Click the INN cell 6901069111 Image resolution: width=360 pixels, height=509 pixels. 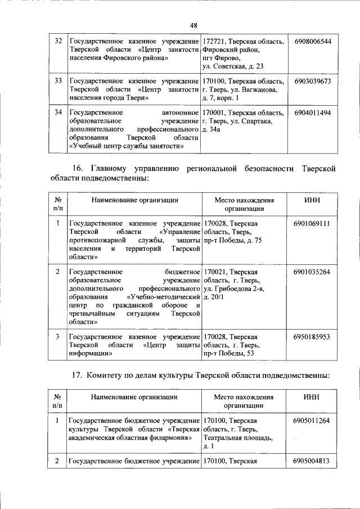click(312, 224)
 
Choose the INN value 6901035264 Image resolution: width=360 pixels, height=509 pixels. click(312, 272)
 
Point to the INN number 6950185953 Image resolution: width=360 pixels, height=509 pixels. click(312, 337)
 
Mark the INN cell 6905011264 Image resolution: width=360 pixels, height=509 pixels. click(312, 421)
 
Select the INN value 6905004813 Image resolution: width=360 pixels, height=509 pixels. click(312, 462)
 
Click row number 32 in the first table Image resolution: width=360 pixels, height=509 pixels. click(57, 42)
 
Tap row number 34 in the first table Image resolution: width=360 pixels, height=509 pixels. click(57, 113)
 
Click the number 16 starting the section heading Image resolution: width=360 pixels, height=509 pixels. click(78, 169)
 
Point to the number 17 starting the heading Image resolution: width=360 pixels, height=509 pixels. click(78, 375)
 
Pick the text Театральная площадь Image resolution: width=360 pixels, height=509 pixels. click(238, 438)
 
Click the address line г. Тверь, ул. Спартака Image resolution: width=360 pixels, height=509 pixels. click(237, 121)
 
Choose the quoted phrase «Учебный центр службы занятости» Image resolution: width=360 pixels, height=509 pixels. click(127, 146)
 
